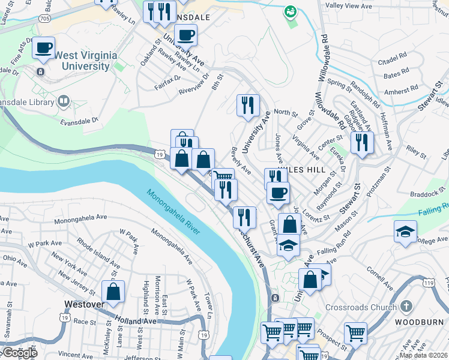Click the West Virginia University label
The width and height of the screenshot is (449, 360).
[85, 61]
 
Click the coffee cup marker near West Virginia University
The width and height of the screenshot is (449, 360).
[44, 48]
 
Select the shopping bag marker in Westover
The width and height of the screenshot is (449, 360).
[113, 292]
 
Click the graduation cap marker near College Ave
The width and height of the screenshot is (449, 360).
[405, 232]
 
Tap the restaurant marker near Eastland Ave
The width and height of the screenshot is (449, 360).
[362, 142]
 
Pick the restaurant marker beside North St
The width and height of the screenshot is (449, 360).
[248, 106]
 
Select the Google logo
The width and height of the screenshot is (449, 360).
[19, 353]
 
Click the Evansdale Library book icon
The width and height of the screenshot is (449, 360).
[63, 101]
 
